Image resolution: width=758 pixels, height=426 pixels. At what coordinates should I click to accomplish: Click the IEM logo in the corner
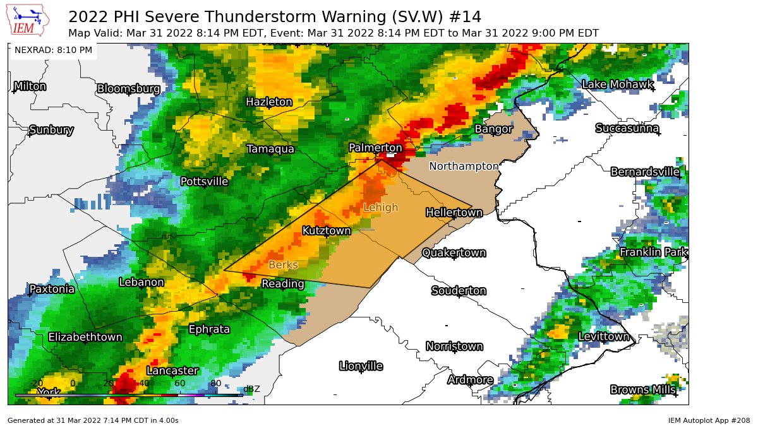coord(26,21)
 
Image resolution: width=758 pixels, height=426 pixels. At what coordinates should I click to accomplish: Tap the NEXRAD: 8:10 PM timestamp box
coord(53,50)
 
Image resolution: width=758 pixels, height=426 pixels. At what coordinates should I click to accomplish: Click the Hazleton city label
coord(269,102)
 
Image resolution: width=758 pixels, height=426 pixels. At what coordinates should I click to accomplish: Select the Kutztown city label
coord(326,231)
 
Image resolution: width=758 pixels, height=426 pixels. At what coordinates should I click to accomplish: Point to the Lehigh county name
coord(381,208)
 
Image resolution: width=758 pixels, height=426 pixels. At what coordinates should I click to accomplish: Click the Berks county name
coord(283,265)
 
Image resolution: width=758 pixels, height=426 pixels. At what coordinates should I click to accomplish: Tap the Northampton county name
coord(464,166)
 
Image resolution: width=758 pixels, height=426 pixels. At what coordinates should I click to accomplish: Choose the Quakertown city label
coord(454,253)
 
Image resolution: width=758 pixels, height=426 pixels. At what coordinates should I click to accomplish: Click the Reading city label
coord(283,284)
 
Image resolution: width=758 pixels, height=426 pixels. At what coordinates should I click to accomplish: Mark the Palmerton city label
coord(375,148)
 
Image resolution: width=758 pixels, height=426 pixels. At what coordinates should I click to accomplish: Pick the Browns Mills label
coord(643,390)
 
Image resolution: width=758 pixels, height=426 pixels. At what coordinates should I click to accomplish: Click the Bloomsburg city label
coord(128,89)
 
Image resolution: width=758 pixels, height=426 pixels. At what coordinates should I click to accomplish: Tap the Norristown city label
coord(454,346)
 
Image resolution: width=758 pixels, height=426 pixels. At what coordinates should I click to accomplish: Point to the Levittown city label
coord(604,337)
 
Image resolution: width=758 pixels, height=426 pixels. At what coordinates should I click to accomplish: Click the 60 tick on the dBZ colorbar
coord(179,383)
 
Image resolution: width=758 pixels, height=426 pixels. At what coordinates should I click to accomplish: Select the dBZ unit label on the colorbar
coord(251,389)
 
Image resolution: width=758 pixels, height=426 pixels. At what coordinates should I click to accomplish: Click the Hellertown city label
coord(454,213)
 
